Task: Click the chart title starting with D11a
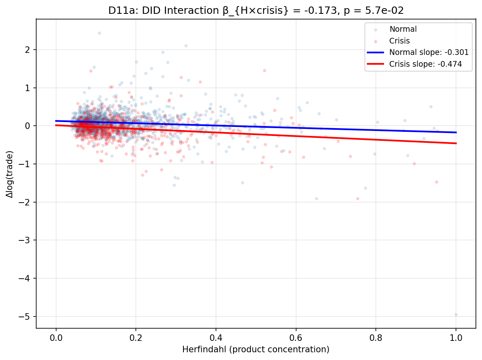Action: [x=256, y=11]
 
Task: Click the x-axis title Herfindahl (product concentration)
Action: [x=256, y=349]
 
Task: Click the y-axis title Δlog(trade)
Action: [x=9, y=174]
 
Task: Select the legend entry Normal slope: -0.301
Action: [x=429, y=52]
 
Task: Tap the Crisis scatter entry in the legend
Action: [x=399, y=41]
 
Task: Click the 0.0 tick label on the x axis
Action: [x=56, y=338]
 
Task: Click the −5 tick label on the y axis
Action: [x=27, y=316]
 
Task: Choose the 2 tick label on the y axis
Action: [x=30, y=50]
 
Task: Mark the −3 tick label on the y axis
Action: [x=27, y=240]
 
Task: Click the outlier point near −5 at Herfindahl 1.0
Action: [x=456, y=314]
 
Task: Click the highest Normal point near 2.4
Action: [x=99, y=33]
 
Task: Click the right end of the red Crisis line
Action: [x=456, y=143]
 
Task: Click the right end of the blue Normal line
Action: [x=456, y=132]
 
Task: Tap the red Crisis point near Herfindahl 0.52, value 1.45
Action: [x=264, y=70]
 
